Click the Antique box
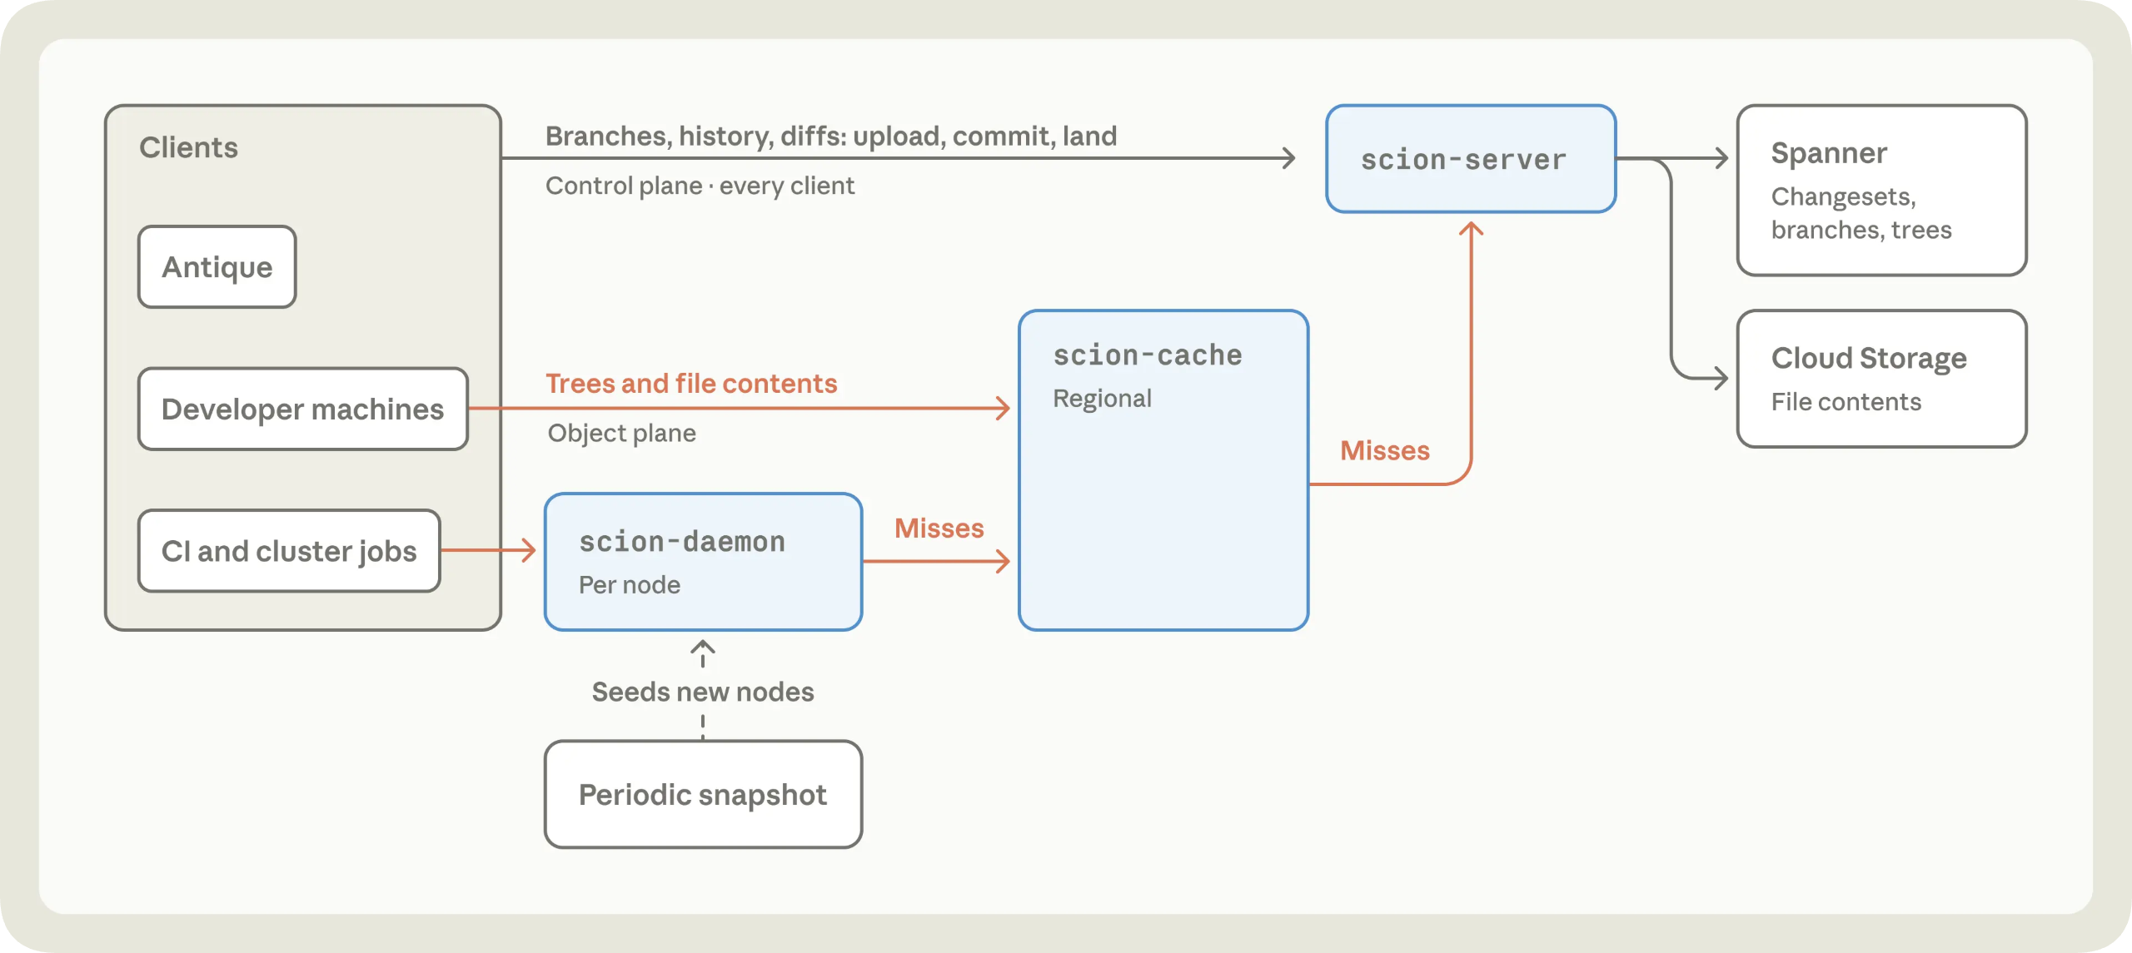[217, 267]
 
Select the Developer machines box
[303, 409]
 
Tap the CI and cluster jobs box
[289, 551]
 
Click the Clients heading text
[188, 147]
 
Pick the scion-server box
[1471, 159]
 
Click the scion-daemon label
[682, 542]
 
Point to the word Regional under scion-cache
[1102, 399]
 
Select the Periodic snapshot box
[703, 795]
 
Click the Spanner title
[1829, 153]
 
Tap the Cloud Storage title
[1869, 359]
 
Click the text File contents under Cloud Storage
[1846, 402]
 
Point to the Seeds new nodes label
[703, 692]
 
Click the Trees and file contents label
[691, 383]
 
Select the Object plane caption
[621, 433]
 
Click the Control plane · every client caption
[700, 186]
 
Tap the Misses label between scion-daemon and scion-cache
[939, 529]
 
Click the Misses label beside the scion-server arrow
[1385, 450]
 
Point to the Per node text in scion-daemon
[630, 585]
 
